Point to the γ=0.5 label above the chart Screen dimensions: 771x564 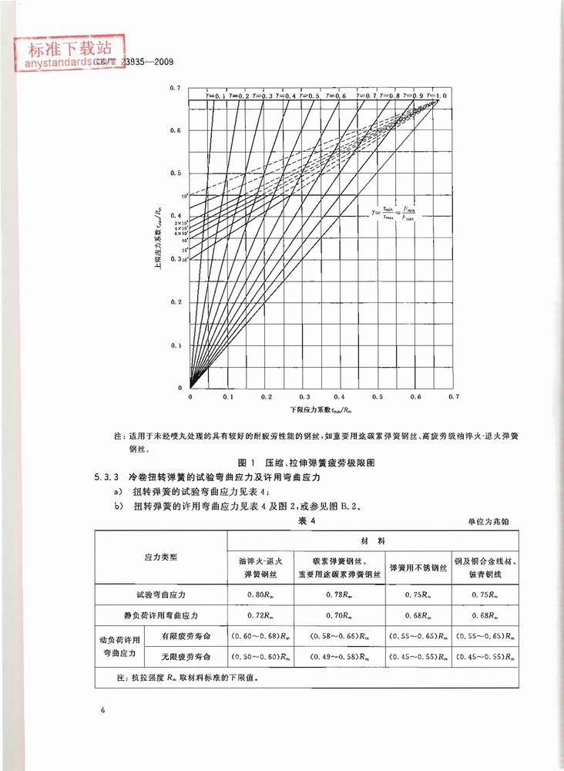(312, 95)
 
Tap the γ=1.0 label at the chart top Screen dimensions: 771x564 (440, 94)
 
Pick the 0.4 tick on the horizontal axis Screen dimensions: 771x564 (340, 396)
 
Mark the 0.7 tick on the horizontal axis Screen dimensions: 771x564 (452, 396)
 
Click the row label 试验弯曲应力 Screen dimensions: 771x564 (161, 595)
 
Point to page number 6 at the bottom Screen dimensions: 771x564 (102, 708)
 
